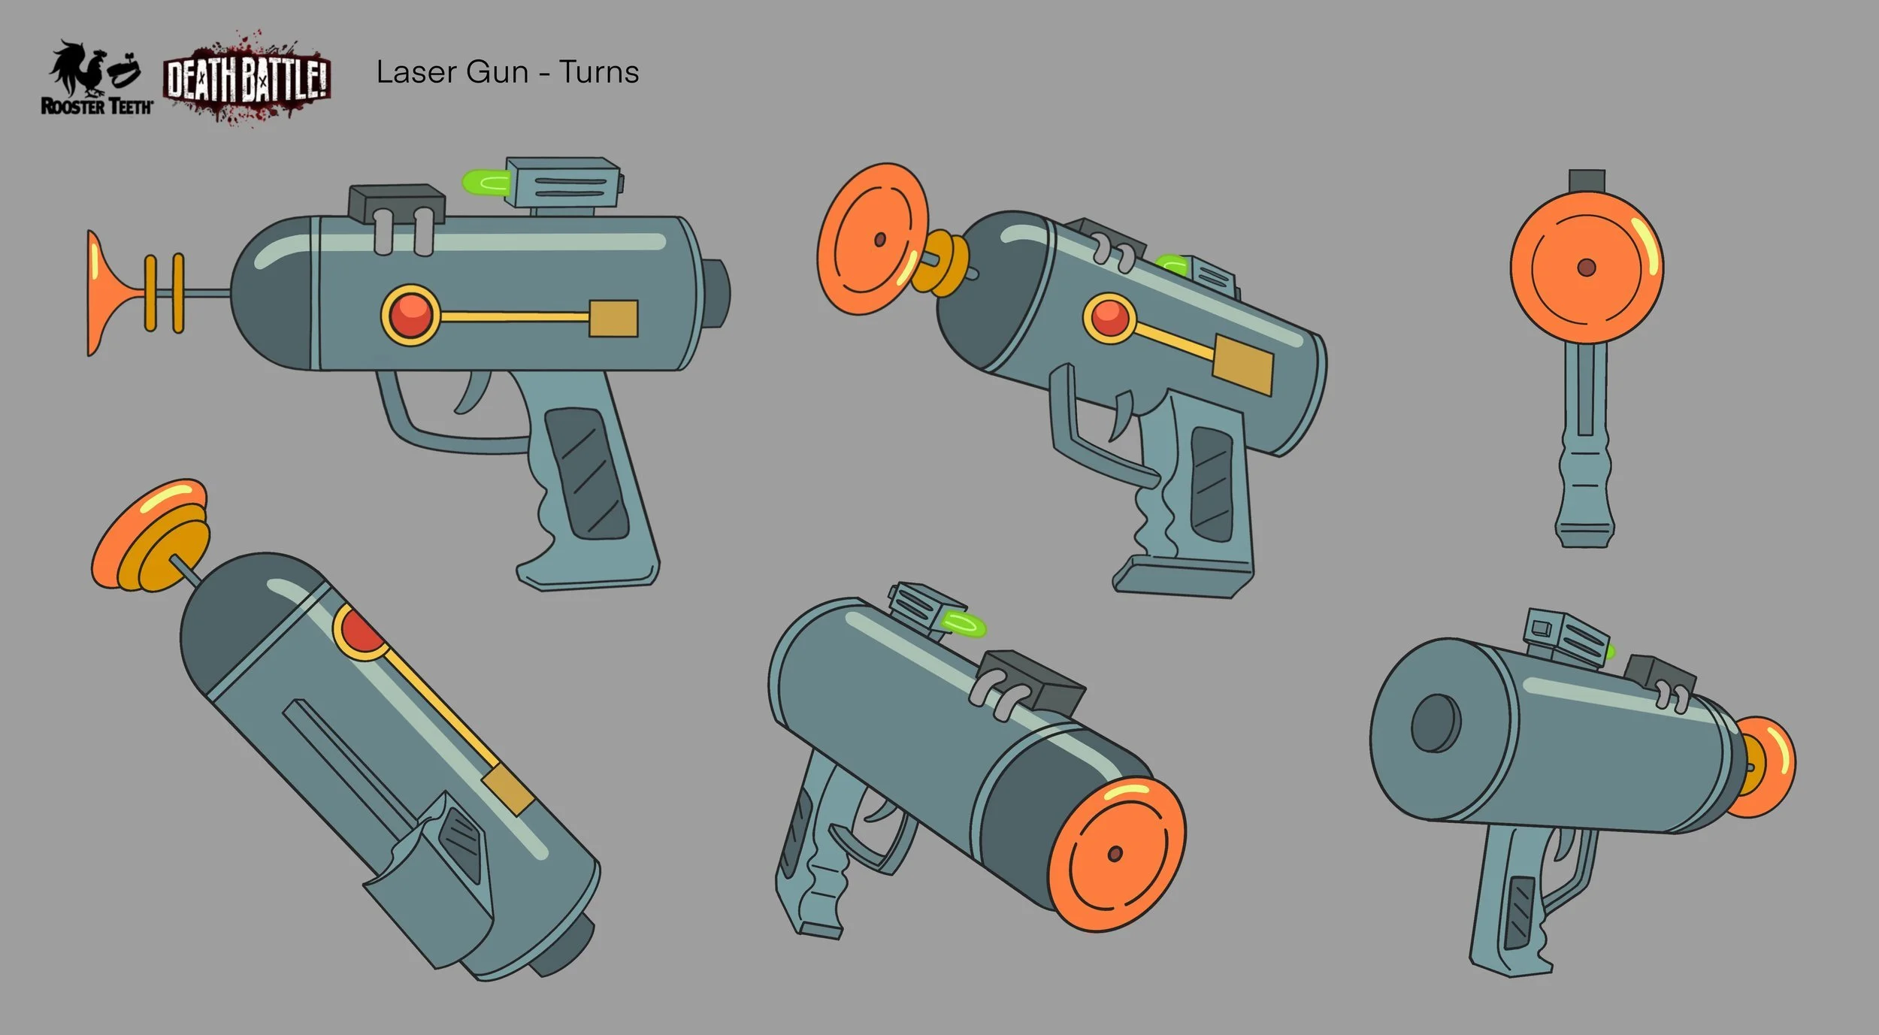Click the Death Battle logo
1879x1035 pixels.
(247, 79)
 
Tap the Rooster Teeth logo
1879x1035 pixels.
(96, 79)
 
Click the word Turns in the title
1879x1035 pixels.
(598, 72)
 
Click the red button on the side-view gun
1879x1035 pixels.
(410, 316)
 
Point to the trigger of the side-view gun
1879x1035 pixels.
(473, 391)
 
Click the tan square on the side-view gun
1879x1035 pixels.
(613, 318)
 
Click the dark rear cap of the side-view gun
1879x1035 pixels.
(719, 293)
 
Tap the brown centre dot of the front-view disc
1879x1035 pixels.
(1586, 268)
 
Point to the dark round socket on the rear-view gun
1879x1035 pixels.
(1435, 722)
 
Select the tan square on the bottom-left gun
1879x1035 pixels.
(508, 789)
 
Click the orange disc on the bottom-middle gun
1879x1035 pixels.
(1115, 853)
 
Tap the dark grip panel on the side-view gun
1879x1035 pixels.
(586, 474)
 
